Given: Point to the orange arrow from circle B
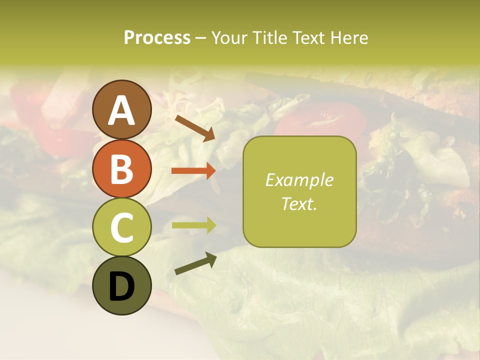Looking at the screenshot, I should [x=193, y=171].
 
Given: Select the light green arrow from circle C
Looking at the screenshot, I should [x=193, y=225].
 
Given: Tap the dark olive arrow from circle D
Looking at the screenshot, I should [x=195, y=263].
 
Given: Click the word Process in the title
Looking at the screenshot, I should [x=157, y=38].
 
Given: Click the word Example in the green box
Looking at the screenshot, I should [x=299, y=180].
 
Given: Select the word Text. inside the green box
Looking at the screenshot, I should [x=299, y=203].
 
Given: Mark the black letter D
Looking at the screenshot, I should [x=122, y=286].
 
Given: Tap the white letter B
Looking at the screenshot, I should [x=122, y=169].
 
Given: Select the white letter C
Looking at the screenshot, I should [x=122, y=228].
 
